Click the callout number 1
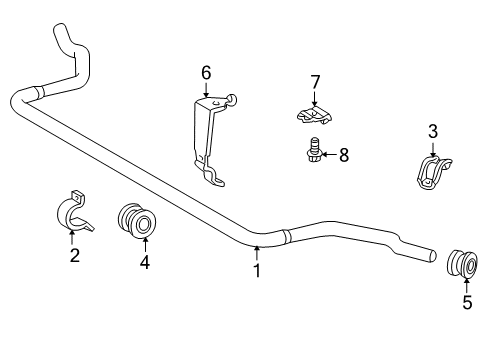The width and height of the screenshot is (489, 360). [256, 270]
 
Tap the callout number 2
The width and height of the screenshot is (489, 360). [74, 256]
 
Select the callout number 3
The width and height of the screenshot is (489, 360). [433, 130]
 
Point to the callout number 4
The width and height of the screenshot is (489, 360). [145, 263]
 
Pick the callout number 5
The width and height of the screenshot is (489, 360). [467, 303]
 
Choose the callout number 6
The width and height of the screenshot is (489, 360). [206, 72]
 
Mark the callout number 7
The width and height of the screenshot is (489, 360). [314, 81]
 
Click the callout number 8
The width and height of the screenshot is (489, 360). [344, 154]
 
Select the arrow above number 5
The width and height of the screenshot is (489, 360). [467, 286]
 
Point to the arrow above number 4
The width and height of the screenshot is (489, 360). [145, 245]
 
